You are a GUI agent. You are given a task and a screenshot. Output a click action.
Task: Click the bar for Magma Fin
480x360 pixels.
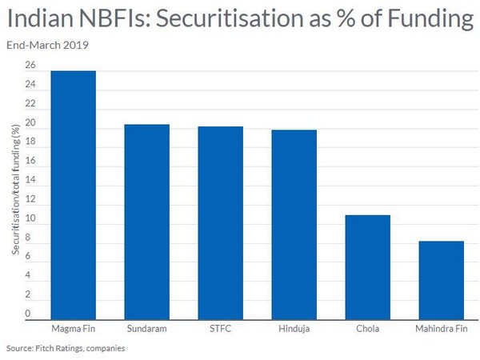73,195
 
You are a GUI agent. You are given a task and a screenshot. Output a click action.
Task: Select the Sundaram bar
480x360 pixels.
146,222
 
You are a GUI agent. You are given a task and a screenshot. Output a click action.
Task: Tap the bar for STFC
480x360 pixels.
220,222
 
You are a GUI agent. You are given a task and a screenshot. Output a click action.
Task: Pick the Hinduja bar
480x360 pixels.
294,224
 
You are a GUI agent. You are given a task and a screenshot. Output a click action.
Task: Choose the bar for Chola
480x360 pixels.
367,267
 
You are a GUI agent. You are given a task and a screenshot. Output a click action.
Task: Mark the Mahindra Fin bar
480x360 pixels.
441,280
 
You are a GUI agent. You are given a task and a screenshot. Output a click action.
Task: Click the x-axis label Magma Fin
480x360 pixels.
73,328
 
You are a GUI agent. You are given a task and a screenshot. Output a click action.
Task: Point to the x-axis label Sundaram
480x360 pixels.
146,328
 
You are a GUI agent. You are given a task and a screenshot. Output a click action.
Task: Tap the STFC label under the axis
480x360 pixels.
220,328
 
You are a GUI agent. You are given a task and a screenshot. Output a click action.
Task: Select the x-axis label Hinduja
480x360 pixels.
294,328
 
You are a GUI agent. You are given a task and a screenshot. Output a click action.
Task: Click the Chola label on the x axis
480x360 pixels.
367,328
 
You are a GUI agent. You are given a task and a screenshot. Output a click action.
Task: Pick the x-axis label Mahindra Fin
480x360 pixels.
441,328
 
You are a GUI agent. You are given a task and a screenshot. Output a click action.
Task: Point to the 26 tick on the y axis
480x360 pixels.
30,66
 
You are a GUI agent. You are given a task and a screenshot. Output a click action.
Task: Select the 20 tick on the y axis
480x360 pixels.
30,123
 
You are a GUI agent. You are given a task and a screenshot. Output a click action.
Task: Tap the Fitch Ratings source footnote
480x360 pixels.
66,349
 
